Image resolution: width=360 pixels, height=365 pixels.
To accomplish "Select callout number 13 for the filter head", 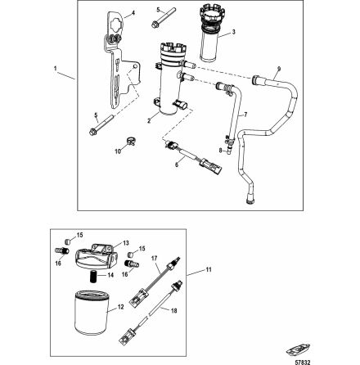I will pyautogui.click(x=124, y=242).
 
